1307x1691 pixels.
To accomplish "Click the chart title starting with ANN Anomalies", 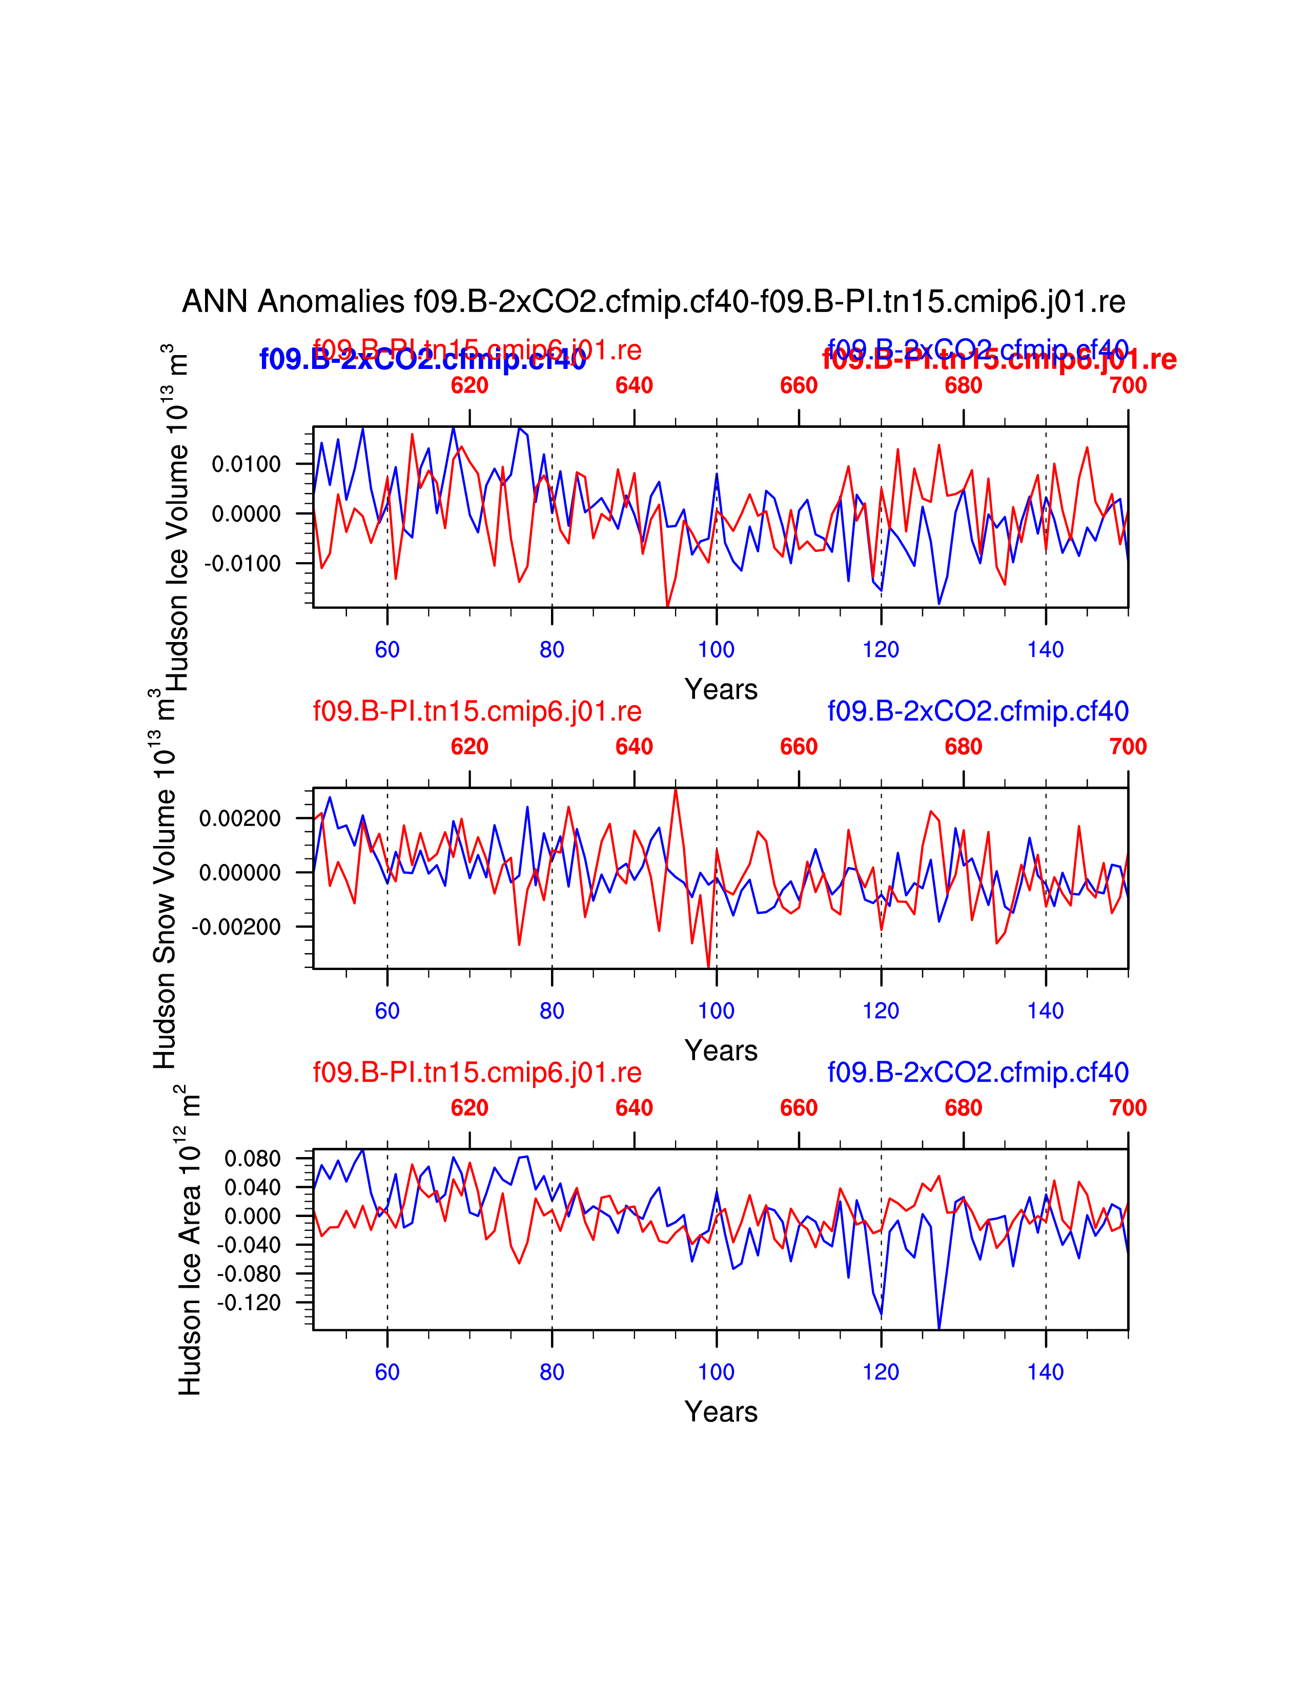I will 653,301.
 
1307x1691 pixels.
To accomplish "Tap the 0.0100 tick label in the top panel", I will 246,465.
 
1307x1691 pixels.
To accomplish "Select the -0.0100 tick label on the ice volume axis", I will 242,564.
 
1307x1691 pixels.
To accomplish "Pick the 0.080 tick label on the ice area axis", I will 252,1159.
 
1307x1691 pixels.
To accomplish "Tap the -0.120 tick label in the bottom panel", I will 249,1303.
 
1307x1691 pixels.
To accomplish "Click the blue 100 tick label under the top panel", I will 716,650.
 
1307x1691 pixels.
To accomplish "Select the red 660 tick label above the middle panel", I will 798,747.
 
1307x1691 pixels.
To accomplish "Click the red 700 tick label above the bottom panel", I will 1128,1108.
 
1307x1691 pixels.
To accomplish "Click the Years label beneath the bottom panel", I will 721,1412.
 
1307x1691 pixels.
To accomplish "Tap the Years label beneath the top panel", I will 721,689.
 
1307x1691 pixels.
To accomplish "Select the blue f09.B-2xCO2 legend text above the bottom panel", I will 978,1073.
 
